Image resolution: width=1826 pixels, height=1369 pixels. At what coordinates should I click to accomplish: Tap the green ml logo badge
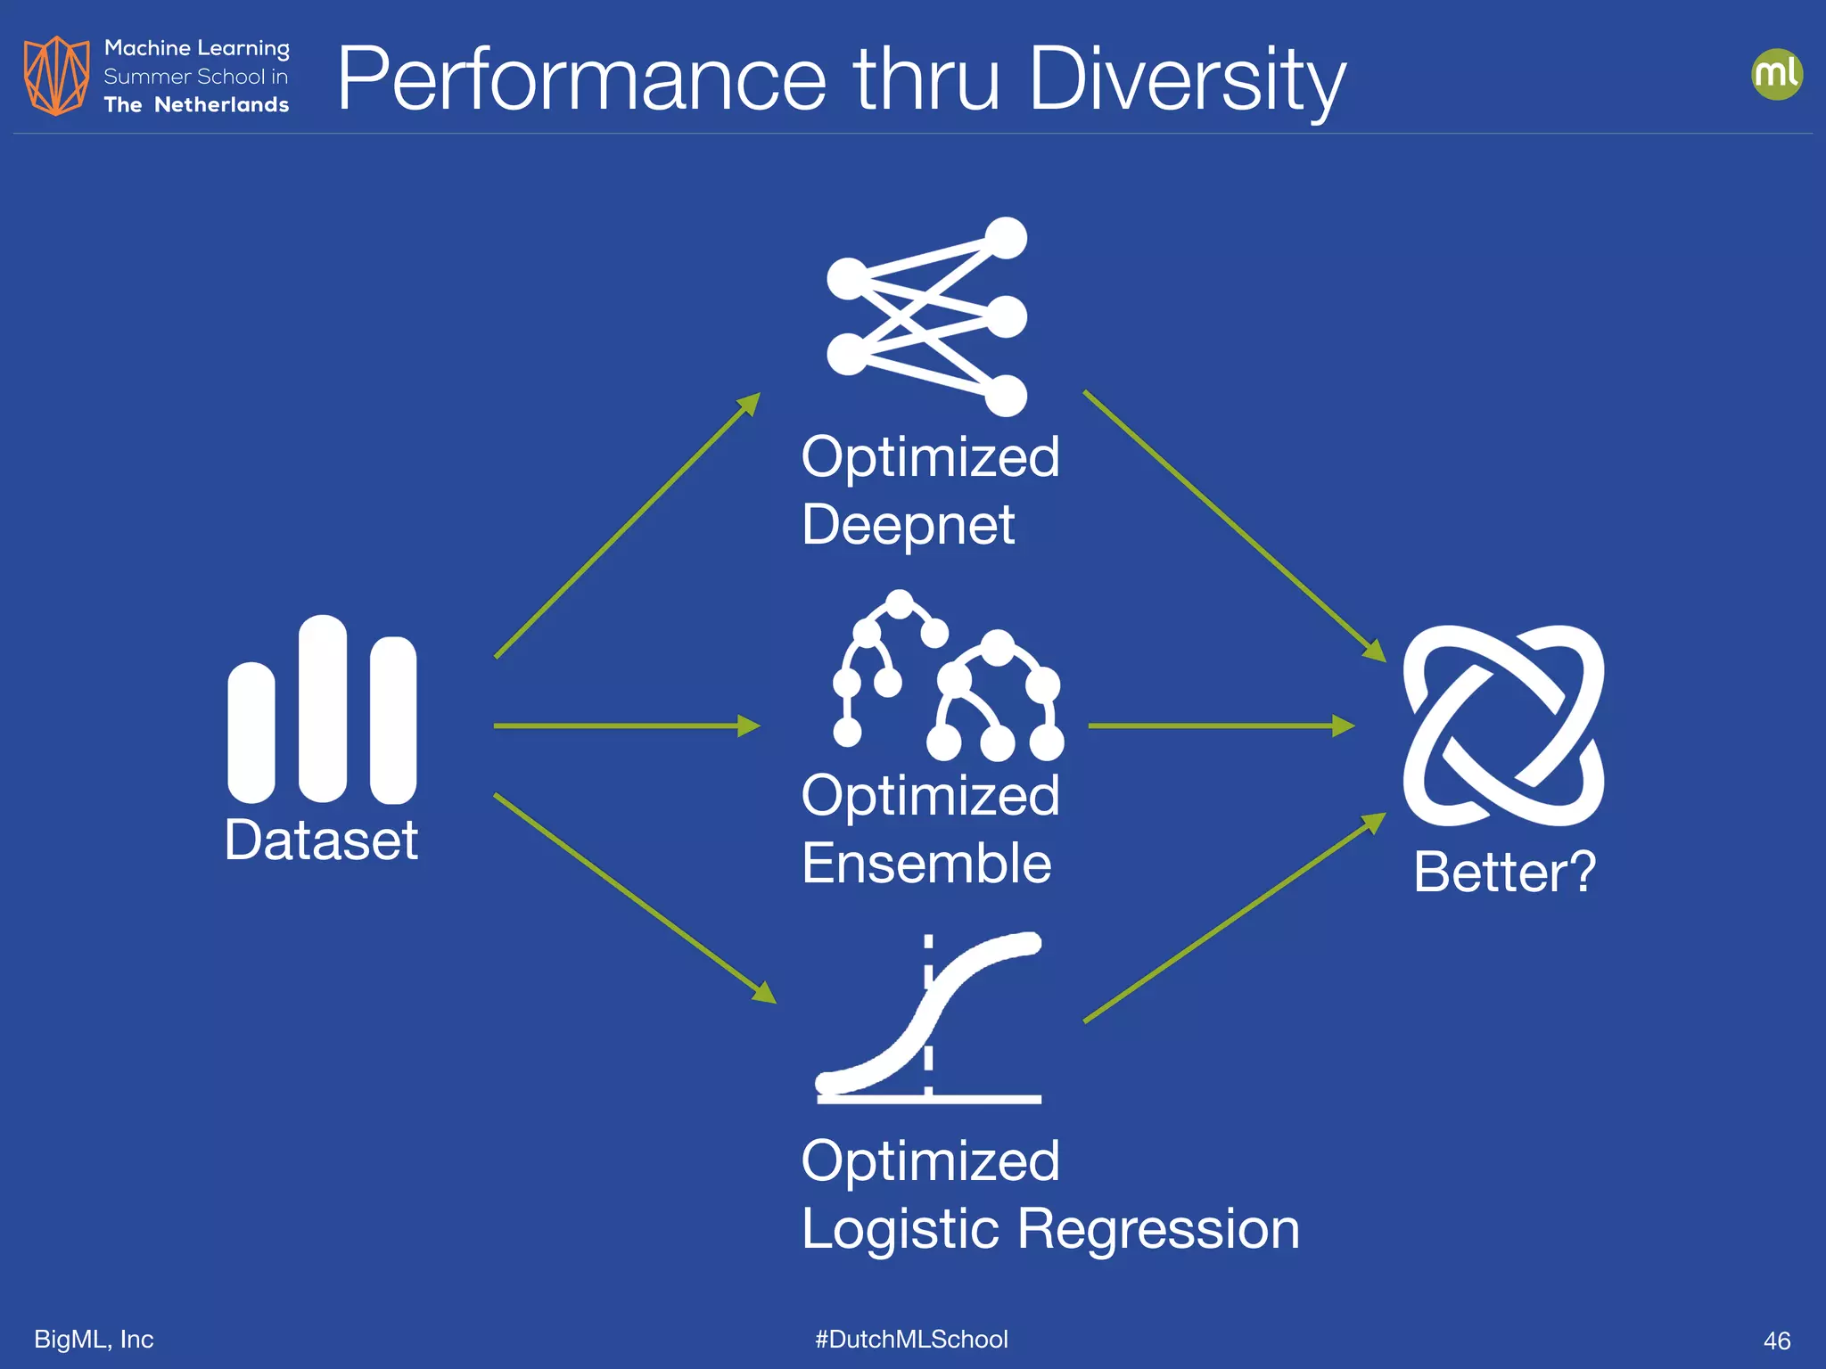(x=1776, y=74)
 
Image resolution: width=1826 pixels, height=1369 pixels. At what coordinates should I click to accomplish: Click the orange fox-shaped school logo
(x=56, y=76)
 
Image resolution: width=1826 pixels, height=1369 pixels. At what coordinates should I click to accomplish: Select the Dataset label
(x=321, y=840)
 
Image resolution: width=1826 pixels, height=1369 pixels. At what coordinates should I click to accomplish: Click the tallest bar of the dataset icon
(x=322, y=709)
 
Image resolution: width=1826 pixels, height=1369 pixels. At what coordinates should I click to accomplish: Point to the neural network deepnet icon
(x=927, y=316)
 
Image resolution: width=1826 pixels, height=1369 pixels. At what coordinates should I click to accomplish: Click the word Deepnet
(x=908, y=524)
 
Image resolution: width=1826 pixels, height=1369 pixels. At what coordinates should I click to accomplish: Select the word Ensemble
(x=926, y=863)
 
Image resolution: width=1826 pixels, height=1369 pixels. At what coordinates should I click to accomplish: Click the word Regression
(x=1158, y=1229)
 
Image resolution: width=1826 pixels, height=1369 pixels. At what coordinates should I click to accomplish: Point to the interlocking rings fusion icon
(x=1503, y=725)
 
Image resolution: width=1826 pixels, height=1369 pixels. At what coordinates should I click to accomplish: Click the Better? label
(x=1504, y=872)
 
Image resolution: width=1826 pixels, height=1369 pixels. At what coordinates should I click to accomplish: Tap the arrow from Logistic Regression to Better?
(x=1235, y=918)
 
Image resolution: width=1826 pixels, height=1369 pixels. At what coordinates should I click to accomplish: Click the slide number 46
(x=1776, y=1340)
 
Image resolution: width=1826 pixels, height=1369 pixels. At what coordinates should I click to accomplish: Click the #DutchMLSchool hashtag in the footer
(x=911, y=1339)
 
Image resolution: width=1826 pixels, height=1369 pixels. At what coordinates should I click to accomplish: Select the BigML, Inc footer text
(x=94, y=1339)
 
